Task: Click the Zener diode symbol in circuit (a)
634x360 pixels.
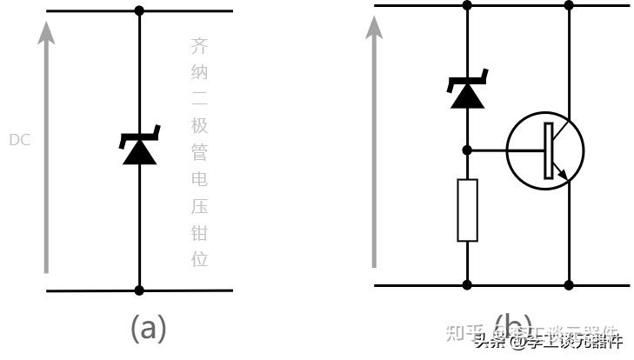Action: pos(139,148)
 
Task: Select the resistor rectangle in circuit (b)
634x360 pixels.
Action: pos(467,210)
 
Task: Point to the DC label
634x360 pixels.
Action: pos(19,139)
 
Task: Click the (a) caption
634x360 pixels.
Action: pos(148,328)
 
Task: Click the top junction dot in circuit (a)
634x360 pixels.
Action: pos(139,10)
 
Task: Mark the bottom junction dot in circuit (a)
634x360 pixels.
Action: pos(139,290)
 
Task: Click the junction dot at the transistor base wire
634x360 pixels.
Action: pos(467,150)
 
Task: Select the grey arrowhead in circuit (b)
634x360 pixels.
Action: pos(374,26)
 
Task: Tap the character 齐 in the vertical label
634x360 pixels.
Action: pos(199,46)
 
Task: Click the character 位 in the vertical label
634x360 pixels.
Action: pos(199,259)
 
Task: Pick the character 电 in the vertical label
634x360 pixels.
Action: pos(199,180)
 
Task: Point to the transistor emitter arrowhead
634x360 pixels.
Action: pos(564,175)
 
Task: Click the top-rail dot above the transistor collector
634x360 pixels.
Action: pos(570,5)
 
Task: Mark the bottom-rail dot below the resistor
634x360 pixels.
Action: pos(467,284)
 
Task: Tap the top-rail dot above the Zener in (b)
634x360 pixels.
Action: pos(467,5)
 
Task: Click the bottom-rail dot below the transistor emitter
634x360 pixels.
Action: pos(570,284)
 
